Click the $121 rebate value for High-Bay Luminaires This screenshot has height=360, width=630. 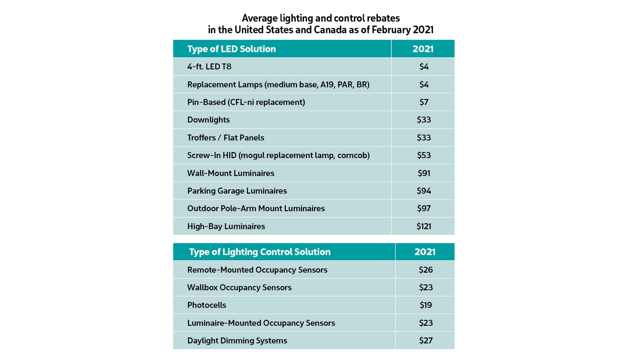click(x=423, y=226)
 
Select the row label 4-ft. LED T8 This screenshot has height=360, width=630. click(x=209, y=67)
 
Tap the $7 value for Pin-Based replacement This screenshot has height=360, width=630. click(x=423, y=102)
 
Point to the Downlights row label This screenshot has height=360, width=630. click(x=208, y=120)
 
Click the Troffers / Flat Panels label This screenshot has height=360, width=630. click(x=225, y=138)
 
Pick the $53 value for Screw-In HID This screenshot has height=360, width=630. click(x=423, y=155)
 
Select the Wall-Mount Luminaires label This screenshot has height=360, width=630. click(x=230, y=173)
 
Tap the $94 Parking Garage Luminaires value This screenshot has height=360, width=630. click(x=423, y=191)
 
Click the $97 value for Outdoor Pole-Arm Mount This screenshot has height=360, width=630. click(x=423, y=209)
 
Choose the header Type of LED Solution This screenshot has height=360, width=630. click(x=231, y=49)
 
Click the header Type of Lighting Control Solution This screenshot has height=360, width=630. click(x=260, y=252)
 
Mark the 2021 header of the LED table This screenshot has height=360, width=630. click(x=423, y=49)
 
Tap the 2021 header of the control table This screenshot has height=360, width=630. click(x=425, y=252)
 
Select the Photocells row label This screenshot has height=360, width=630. click(x=207, y=305)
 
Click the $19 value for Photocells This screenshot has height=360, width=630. click(x=425, y=305)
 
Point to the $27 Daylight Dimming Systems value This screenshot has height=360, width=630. click(x=425, y=340)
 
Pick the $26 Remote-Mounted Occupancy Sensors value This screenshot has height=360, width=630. click(x=425, y=270)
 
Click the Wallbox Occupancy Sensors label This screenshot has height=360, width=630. click(x=239, y=287)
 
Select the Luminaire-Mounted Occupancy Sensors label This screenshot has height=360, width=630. click(x=261, y=323)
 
